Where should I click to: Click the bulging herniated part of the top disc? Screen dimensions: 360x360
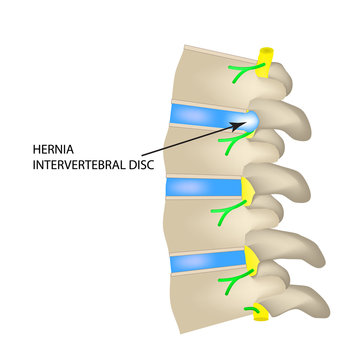(251, 121)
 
